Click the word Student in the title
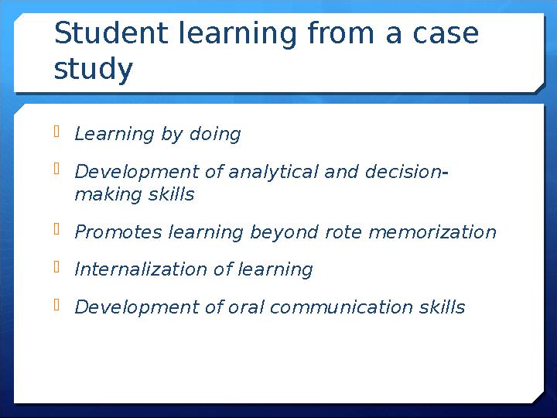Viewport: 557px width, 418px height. tap(111, 33)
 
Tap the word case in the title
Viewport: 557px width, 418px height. tap(446, 34)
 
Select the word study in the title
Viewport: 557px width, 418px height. tap(93, 69)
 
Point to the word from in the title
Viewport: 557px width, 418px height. tap(340, 33)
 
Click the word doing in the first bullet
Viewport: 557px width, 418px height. tap(215, 135)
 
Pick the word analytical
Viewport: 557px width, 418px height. tap(273, 172)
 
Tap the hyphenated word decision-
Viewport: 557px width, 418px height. tap(406, 171)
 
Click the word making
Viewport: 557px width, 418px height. tap(108, 195)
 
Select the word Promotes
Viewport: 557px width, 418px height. tap(118, 231)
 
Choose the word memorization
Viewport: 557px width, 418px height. tap(432, 232)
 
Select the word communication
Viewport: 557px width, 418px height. tap(341, 307)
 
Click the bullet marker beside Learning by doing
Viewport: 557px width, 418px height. tap(56, 131)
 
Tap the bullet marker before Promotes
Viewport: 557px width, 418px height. tap(56, 229)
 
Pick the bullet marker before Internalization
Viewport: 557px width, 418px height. tap(56, 266)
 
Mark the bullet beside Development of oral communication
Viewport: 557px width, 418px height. tap(56, 305)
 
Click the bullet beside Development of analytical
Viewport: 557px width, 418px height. tap(56, 169)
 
